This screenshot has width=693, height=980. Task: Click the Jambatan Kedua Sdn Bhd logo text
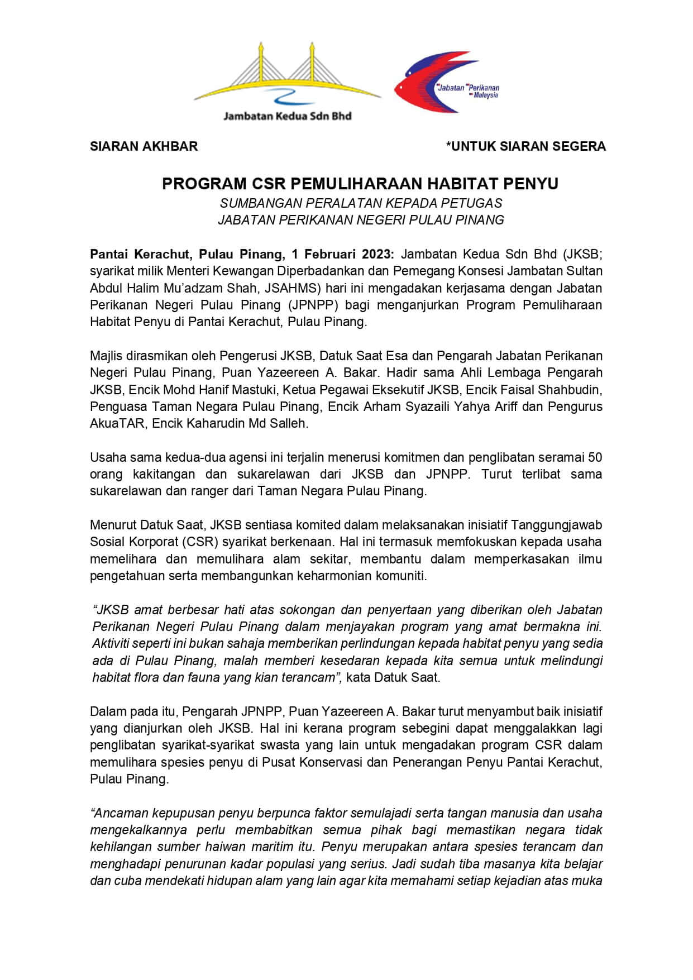click(x=287, y=116)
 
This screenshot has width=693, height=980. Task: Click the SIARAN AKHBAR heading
click(x=144, y=146)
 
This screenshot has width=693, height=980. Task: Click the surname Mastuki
click(x=265, y=389)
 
